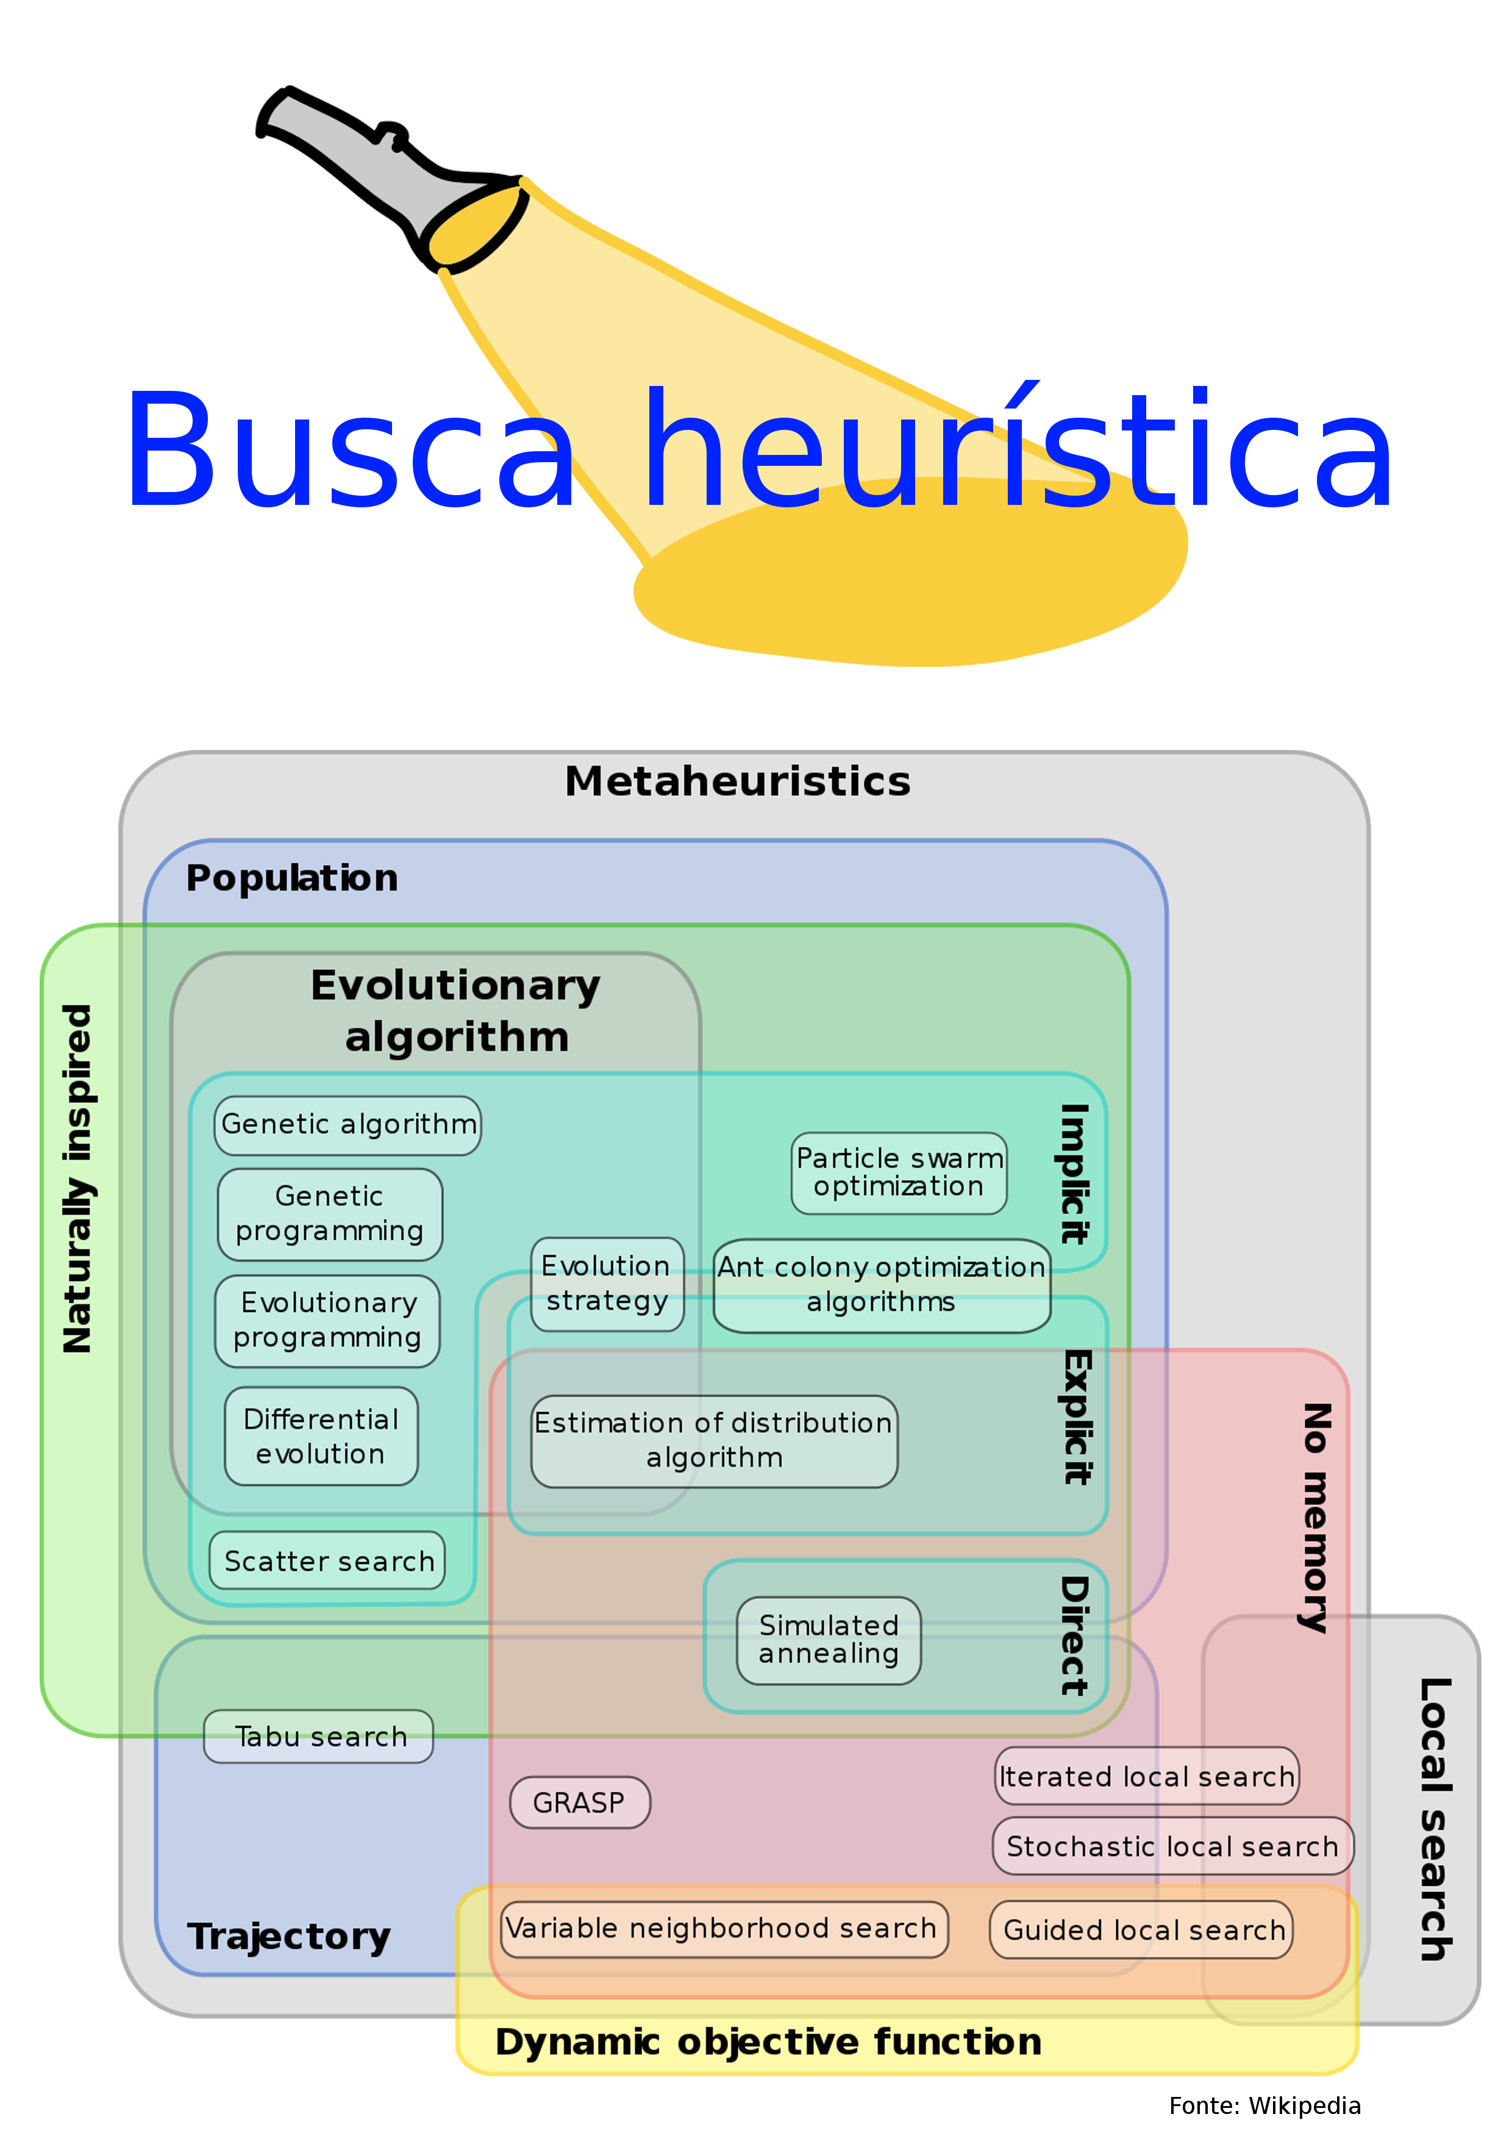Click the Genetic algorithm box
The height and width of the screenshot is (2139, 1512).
(x=348, y=1126)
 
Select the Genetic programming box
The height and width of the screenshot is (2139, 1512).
(x=330, y=1214)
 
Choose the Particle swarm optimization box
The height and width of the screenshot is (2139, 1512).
(x=899, y=1173)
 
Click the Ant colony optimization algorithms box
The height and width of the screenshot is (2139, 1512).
(x=882, y=1285)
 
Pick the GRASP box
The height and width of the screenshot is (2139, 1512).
(x=579, y=1802)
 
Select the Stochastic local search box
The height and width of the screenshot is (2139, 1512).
(x=1172, y=1846)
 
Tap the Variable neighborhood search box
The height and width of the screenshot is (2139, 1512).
(x=724, y=1929)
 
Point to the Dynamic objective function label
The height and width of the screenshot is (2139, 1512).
(x=768, y=2042)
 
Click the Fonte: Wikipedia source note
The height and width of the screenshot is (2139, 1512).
(x=1264, y=2105)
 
